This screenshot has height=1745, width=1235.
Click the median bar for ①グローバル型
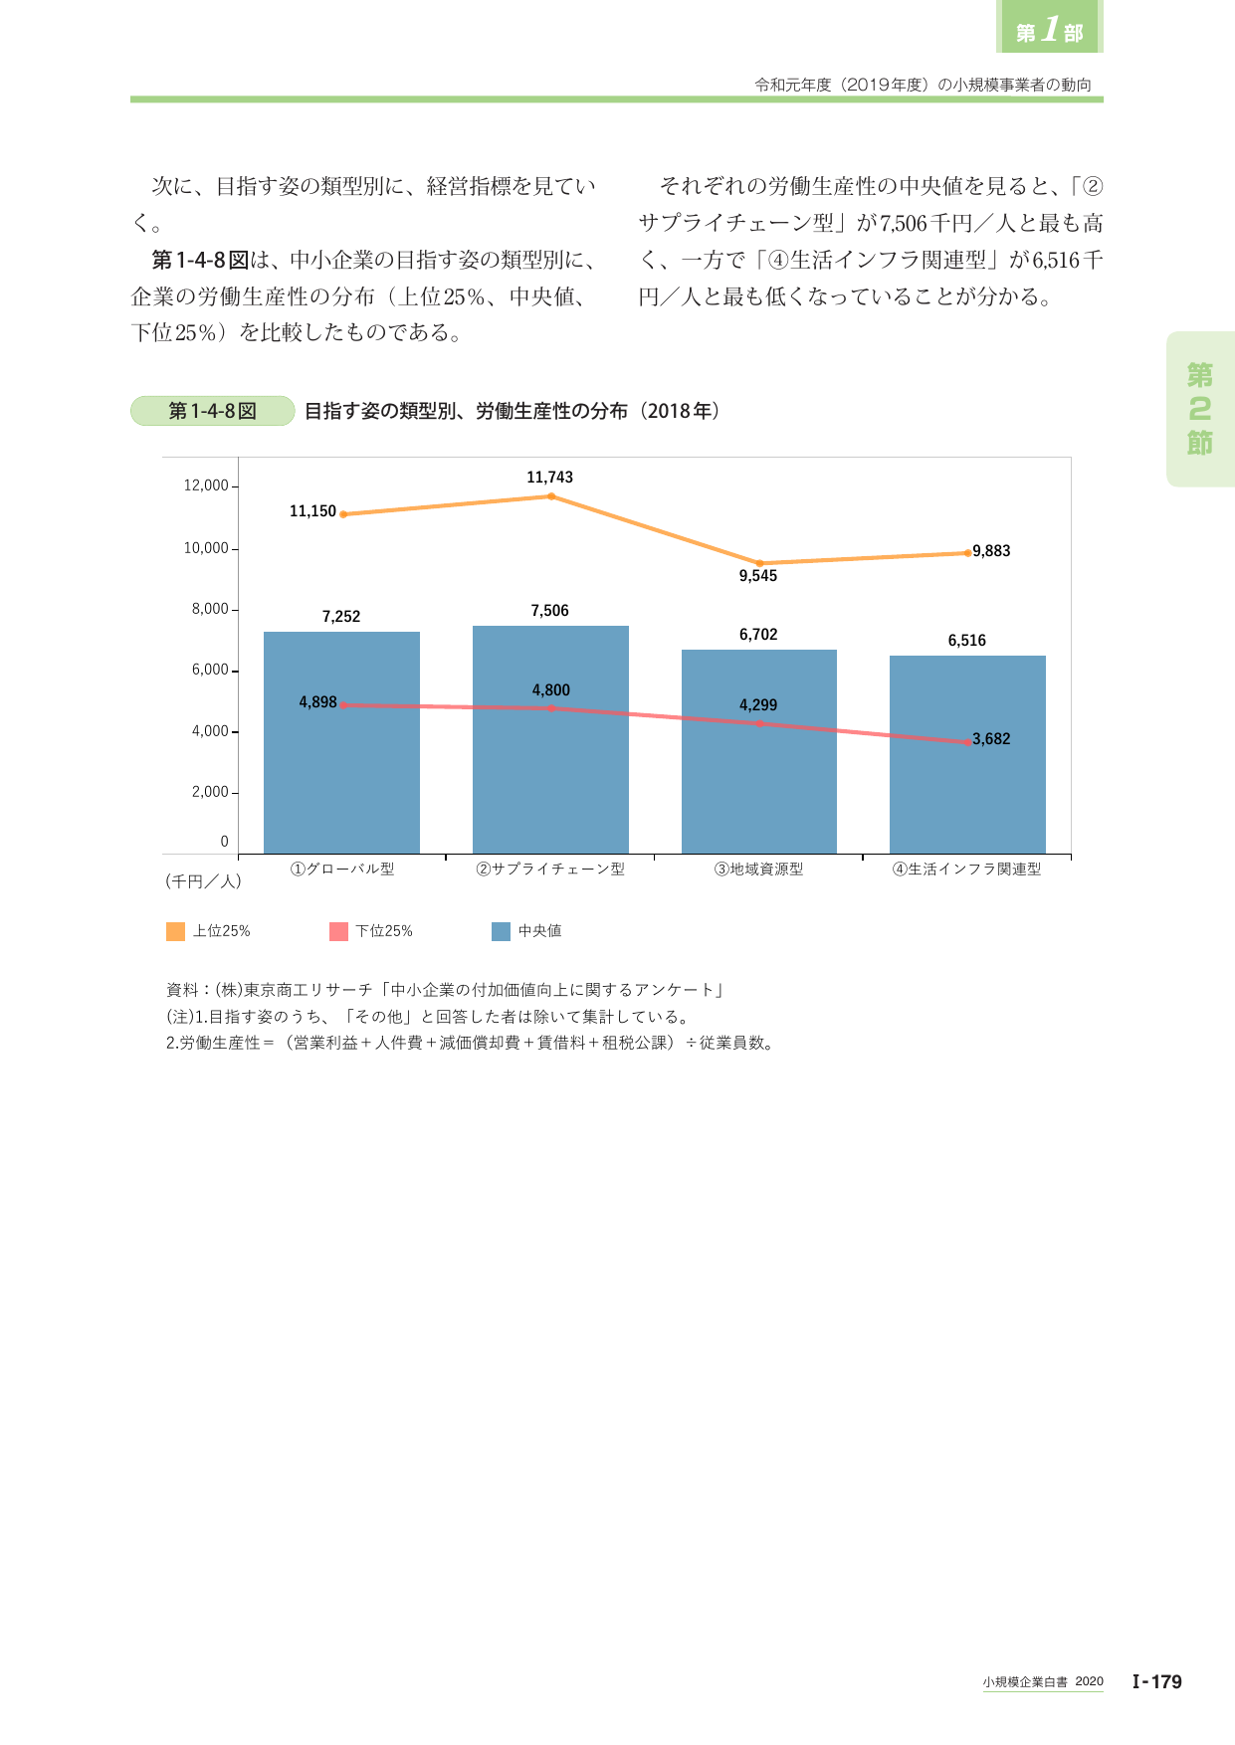[341, 742]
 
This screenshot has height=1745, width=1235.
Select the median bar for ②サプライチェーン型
[550, 739]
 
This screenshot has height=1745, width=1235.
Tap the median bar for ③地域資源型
[759, 751]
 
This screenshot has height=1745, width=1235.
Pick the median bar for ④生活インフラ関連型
[967, 754]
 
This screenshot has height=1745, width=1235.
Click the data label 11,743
[550, 478]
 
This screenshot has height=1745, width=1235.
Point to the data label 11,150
[312, 511]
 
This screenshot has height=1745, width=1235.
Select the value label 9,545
[758, 576]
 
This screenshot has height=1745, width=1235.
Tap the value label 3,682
[991, 739]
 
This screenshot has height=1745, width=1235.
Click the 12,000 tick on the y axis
[206, 485]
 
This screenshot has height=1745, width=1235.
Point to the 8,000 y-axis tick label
[210, 609]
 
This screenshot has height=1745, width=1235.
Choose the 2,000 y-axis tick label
[210, 792]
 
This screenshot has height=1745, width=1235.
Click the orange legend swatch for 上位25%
[175, 931]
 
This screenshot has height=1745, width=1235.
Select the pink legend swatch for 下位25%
[338, 931]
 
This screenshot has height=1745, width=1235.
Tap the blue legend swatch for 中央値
[502, 931]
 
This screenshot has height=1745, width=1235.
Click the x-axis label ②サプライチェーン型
[550, 869]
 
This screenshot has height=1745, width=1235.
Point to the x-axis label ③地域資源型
[758, 869]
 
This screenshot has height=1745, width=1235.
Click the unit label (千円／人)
[204, 881]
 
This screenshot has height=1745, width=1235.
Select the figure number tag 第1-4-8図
[213, 411]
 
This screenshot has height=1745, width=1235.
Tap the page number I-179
[1157, 1681]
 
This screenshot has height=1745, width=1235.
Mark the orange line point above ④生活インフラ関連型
[967, 553]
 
